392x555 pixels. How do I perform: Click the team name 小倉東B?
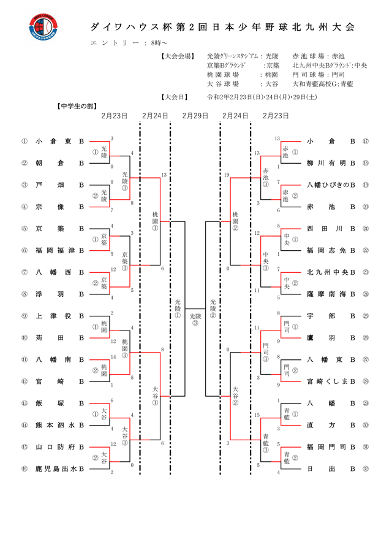pyautogui.click(x=59, y=141)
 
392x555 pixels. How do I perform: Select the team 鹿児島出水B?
pyautogui.click(x=59, y=469)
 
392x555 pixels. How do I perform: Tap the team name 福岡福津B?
pyautogui.click(x=59, y=250)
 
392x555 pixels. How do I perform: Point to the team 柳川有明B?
pyautogui.click(x=331, y=163)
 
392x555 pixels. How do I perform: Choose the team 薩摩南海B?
pyautogui.click(x=331, y=294)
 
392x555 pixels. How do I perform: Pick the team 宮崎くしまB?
pyautogui.click(x=331, y=381)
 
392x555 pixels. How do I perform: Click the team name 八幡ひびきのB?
pyautogui.click(x=331, y=185)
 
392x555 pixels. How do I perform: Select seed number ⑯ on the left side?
pyautogui.click(x=24, y=469)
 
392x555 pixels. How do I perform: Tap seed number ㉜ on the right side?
pyautogui.click(x=366, y=469)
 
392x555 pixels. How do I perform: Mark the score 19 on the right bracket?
pyautogui.click(x=227, y=175)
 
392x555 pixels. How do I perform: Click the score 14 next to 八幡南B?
pyautogui.click(x=113, y=356)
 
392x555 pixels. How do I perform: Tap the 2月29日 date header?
pyautogui.click(x=195, y=115)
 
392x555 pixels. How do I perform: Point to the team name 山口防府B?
pyautogui.click(x=59, y=447)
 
